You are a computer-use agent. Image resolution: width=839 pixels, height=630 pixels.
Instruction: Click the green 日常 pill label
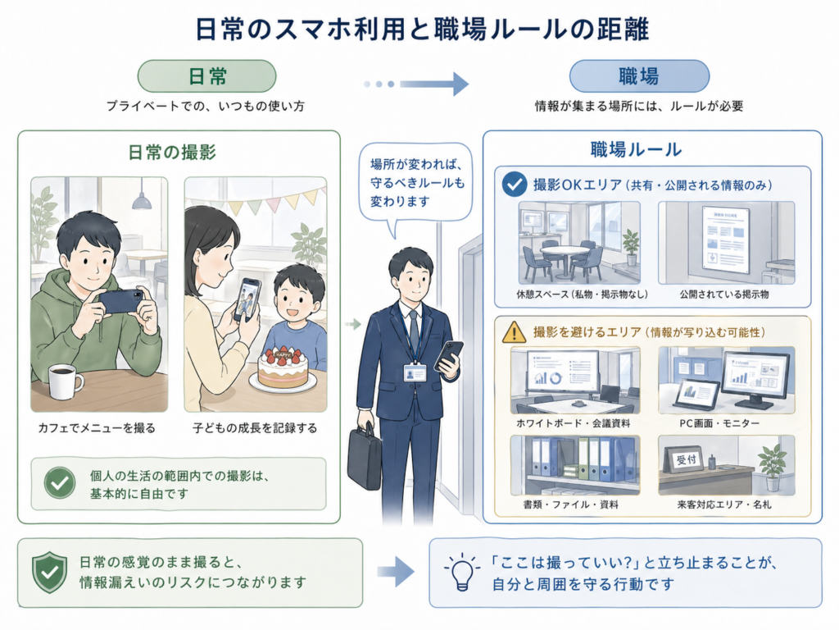click(206, 76)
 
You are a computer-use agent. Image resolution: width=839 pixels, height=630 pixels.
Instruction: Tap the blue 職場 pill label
click(638, 76)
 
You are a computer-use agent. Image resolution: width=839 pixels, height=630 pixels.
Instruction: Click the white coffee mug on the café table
click(65, 381)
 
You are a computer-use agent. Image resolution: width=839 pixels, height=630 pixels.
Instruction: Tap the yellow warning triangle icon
click(514, 332)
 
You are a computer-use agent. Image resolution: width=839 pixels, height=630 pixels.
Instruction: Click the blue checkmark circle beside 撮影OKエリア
click(514, 185)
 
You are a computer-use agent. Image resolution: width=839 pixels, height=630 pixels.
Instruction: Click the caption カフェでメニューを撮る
click(96, 427)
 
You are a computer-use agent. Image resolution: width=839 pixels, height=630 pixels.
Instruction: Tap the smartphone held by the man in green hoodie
click(120, 301)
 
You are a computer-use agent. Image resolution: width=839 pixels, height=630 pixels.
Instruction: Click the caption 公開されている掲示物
click(724, 293)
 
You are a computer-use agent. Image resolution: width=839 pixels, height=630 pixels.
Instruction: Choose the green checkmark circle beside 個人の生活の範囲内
click(59, 483)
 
